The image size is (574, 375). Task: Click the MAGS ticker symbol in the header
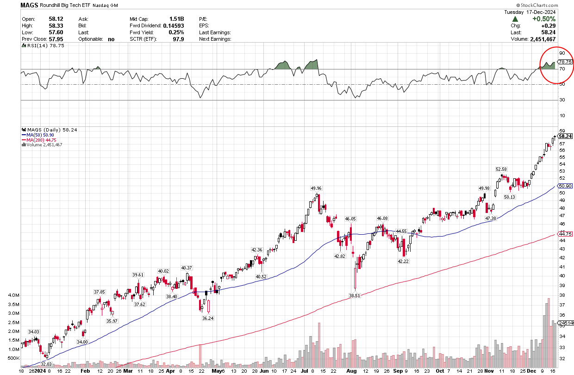click(29, 5)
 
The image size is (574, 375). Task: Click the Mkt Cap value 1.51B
click(176, 19)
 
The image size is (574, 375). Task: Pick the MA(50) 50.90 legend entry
click(40, 135)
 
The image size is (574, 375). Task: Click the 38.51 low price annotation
click(355, 295)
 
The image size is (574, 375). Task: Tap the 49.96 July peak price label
click(316, 188)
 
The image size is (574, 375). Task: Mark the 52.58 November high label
click(502, 169)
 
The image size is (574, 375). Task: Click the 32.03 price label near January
click(47, 364)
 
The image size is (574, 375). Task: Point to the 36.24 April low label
click(208, 318)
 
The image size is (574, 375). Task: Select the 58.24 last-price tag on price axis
click(565, 136)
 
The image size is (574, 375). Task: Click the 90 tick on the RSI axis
click(562, 54)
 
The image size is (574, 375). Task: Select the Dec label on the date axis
click(531, 371)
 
